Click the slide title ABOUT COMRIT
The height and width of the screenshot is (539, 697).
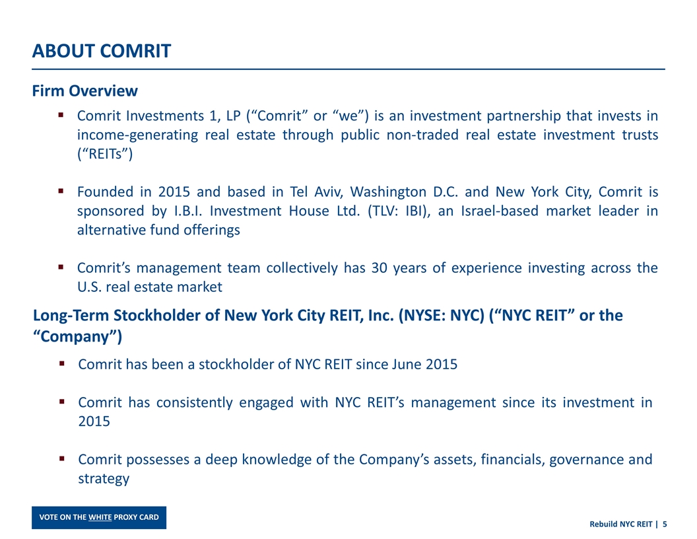[102, 51]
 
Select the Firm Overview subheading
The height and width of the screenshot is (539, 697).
[85, 90]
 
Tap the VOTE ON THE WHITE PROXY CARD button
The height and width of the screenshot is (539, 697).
[99, 517]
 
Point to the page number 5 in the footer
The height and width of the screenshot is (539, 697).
[665, 524]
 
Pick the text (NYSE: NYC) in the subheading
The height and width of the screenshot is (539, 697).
[441, 315]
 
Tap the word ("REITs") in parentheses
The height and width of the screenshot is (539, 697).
[105, 154]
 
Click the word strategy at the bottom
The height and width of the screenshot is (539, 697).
[104, 479]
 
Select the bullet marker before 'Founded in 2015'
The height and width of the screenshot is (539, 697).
[61, 192]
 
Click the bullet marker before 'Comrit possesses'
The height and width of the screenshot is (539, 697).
[62, 458]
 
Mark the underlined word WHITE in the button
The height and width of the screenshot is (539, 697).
[100, 517]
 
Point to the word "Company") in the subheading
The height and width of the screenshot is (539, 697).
[77, 337]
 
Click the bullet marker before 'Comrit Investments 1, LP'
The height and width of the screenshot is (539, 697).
[61, 115]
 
